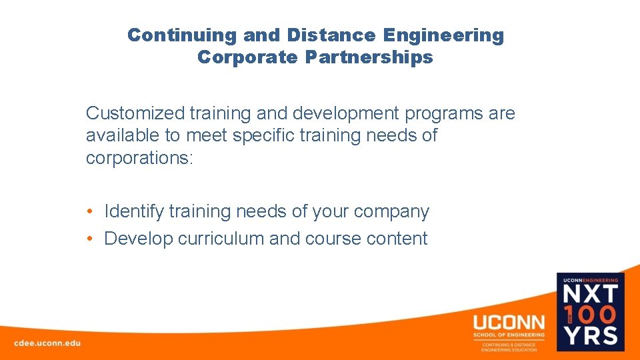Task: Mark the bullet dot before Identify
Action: [89, 212]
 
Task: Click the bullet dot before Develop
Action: [89, 239]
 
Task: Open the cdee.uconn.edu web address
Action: [47, 343]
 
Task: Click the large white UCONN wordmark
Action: [509, 321]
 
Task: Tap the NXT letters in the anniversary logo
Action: [591, 294]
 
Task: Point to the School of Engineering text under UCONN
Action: [509, 335]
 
